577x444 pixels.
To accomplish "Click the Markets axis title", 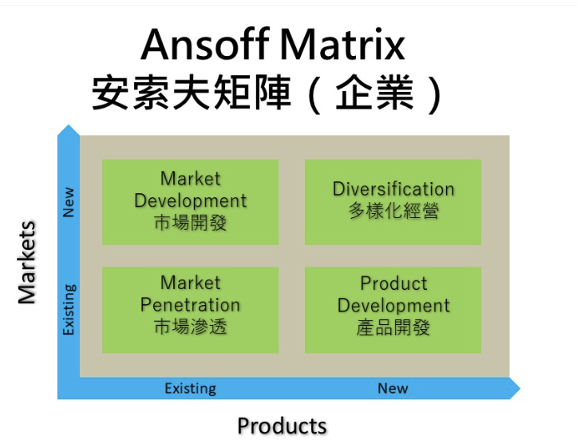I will (x=27, y=262).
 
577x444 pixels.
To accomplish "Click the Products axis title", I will (x=282, y=426).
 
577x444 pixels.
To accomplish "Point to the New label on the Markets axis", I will (x=69, y=201).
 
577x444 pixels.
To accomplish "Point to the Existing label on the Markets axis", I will (x=69, y=310).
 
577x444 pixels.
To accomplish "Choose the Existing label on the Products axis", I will (x=190, y=389).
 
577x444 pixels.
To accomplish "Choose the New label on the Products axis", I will (x=393, y=388).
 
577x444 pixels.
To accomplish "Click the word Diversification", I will (x=393, y=189).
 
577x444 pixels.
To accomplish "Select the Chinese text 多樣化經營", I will (x=393, y=211).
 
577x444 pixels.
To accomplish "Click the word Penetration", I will (x=190, y=305).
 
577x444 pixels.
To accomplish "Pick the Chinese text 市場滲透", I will (x=190, y=327).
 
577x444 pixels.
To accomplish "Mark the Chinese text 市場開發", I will (x=190, y=223).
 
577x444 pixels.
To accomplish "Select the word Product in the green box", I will (x=393, y=283).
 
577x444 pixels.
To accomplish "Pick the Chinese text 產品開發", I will (x=393, y=327).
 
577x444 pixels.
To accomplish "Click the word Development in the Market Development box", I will (x=190, y=200).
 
